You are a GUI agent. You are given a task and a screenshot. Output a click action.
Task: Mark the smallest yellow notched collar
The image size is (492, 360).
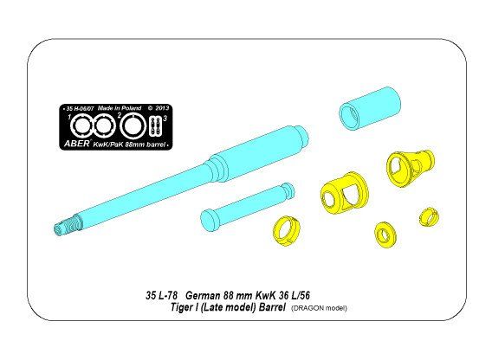(426, 215)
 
